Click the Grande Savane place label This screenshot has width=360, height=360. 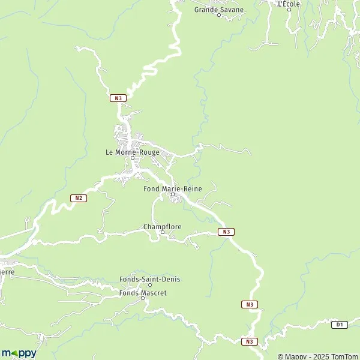tap(219, 9)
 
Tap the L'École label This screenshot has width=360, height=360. tap(289, 4)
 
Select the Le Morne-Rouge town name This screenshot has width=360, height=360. tap(132, 152)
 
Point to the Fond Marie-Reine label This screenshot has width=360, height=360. tap(173, 188)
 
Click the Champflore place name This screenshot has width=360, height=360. tap(162, 227)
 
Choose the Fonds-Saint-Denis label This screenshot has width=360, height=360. tap(150, 279)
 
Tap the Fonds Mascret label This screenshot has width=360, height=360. tap(143, 293)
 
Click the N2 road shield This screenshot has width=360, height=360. tap(79, 198)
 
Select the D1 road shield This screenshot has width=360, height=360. tap(339, 325)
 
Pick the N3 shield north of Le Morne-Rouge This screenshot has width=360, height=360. tap(118, 98)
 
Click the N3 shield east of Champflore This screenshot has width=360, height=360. tap(226, 232)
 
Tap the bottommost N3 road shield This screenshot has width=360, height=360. tap(250, 341)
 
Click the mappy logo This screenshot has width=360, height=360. tap(19, 353)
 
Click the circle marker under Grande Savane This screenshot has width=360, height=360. tap(219, 15)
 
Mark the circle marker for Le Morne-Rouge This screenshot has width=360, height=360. tap(133, 158)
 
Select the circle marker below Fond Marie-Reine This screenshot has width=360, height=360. tap(173, 194)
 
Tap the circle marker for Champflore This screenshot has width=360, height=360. tap(162, 233)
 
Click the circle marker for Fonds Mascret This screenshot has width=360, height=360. tap(142, 299)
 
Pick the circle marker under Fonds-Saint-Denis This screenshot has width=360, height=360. tap(150, 285)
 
